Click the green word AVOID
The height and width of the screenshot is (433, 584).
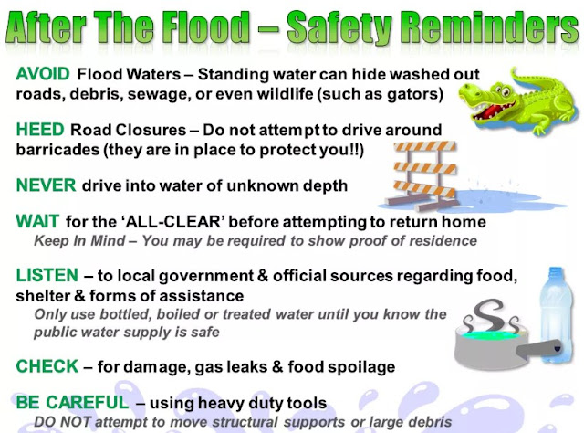click(x=43, y=72)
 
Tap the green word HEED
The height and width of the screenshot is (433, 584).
click(x=39, y=130)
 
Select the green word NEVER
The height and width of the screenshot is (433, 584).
click(x=46, y=185)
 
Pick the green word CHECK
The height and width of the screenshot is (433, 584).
click(x=47, y=366)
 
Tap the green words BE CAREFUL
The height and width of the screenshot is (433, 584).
click(x=71, y=401)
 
